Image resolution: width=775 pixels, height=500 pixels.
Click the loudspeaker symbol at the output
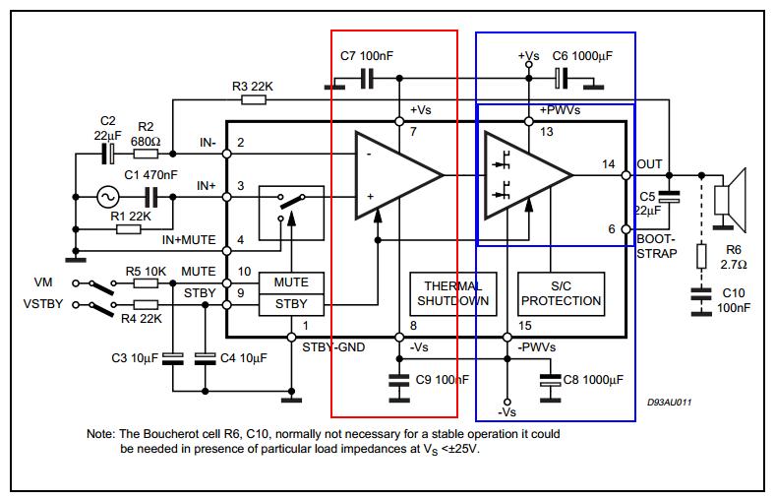(x=731, y=200)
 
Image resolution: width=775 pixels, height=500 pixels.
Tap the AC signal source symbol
(x=107, y=197)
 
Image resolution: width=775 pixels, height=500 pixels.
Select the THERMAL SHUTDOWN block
(x=453, y=293)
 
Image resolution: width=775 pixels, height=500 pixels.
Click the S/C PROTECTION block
(x=561, y=293)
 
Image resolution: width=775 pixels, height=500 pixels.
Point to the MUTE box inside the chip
(x=292, y=282)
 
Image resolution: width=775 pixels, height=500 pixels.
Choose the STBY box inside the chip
(x=292, y=305)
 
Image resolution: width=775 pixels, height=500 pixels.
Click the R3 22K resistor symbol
(x=254, y=99)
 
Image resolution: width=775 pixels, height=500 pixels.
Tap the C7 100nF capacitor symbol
(x=367, y=78)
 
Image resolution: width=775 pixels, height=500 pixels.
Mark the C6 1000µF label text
(x=582, y=56)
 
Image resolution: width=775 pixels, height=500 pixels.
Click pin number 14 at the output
(x=609, y=164)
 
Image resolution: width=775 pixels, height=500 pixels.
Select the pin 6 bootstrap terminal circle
(x=626, y=229)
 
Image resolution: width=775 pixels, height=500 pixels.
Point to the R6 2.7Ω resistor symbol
(x=701, y=256)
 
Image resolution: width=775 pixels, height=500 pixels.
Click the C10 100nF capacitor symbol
(x=701, y=294)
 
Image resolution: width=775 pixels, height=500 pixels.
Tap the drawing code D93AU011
(x=669, y=403)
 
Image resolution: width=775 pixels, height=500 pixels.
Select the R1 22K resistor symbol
(x=129, y=229)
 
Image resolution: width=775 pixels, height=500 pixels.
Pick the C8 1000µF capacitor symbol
(x=550, y=380)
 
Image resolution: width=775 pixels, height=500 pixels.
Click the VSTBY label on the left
(x=43, y=304)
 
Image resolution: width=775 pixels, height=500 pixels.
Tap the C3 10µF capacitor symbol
(x=172, y=358)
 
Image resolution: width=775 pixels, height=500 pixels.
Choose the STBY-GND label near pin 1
(x=333, y=347)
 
